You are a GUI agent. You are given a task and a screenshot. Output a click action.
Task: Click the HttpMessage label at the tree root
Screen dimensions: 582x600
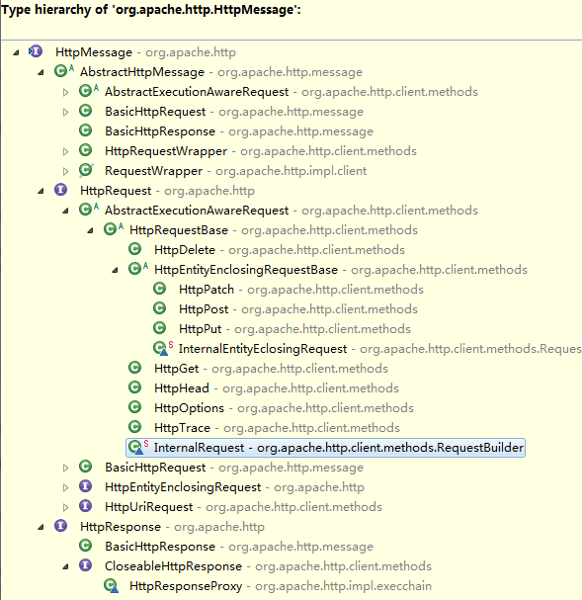point(94,52)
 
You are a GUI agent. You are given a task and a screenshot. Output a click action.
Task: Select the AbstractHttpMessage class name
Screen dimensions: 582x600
point(142,72)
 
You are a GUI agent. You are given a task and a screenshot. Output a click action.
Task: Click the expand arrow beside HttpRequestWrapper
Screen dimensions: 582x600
point(66,151)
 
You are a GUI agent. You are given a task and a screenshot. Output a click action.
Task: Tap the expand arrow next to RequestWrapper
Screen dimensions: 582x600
point(66,171)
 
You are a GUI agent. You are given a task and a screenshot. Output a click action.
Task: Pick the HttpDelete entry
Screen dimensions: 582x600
point(185,250)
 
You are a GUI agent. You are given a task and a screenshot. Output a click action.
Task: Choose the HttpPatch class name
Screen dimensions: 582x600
point(207,290)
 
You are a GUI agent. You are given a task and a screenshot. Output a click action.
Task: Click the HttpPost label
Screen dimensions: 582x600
point(204,309)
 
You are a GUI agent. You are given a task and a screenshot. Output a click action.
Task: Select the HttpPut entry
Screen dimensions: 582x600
point(201,329)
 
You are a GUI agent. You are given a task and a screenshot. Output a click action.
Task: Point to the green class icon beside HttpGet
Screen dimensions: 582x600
point(134,368)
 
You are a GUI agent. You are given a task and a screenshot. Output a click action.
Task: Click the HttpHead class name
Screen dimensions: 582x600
point(182,388)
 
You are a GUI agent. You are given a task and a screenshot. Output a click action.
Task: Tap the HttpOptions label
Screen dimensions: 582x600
point(190,408)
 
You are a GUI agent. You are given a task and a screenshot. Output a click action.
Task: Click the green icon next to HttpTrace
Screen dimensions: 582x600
point(134,427)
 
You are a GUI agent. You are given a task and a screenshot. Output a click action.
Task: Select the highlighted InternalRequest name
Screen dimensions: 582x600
point(199,448)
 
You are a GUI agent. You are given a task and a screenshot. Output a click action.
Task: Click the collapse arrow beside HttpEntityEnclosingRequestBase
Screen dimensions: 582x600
point(115,270)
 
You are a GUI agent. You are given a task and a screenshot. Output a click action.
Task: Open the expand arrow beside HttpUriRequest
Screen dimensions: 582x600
point(66,507)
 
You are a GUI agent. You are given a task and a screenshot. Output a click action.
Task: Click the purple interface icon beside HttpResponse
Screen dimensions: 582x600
point(61,526)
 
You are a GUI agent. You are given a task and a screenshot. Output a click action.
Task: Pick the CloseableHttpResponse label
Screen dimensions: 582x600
point(173,566)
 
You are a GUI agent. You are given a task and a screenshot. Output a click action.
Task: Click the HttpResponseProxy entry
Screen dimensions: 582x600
point(186,586)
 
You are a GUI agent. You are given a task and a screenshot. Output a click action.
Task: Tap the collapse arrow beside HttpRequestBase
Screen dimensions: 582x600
point(90,230)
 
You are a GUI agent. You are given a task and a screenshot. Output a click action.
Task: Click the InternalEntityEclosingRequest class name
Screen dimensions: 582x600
point(263,349)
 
